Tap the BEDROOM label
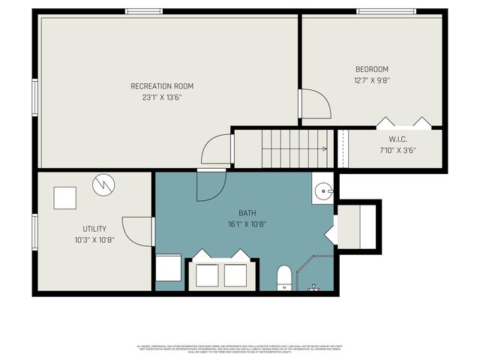coord(371,70)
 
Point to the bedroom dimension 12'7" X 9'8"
coord(371,80)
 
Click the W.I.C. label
coord(397,139)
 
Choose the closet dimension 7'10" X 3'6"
coord(397,150)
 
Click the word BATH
coord(247,213)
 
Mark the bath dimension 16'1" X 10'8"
coord(247,223)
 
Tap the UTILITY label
coord(94,229)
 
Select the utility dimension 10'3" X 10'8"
coord(94,239)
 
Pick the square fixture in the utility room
coord(64,197)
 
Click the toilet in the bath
coord(285,277)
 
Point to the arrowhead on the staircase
coord(324,149)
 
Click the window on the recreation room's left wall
coord(35,97)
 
